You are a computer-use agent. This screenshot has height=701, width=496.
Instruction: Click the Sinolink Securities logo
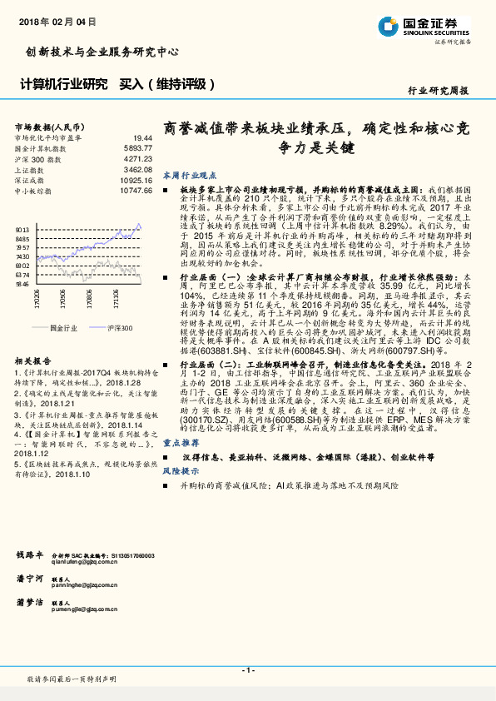pos(434,26)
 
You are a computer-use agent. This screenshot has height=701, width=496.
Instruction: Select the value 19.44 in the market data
pos(143,137)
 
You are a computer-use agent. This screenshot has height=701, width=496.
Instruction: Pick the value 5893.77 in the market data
pos(138,147)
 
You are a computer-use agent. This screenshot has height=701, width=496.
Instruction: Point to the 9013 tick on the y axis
pos(22,228)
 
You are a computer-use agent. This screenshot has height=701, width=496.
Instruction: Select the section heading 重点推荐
pos(179,443)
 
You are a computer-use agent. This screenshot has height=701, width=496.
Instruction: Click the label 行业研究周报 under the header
pos(439,90)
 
